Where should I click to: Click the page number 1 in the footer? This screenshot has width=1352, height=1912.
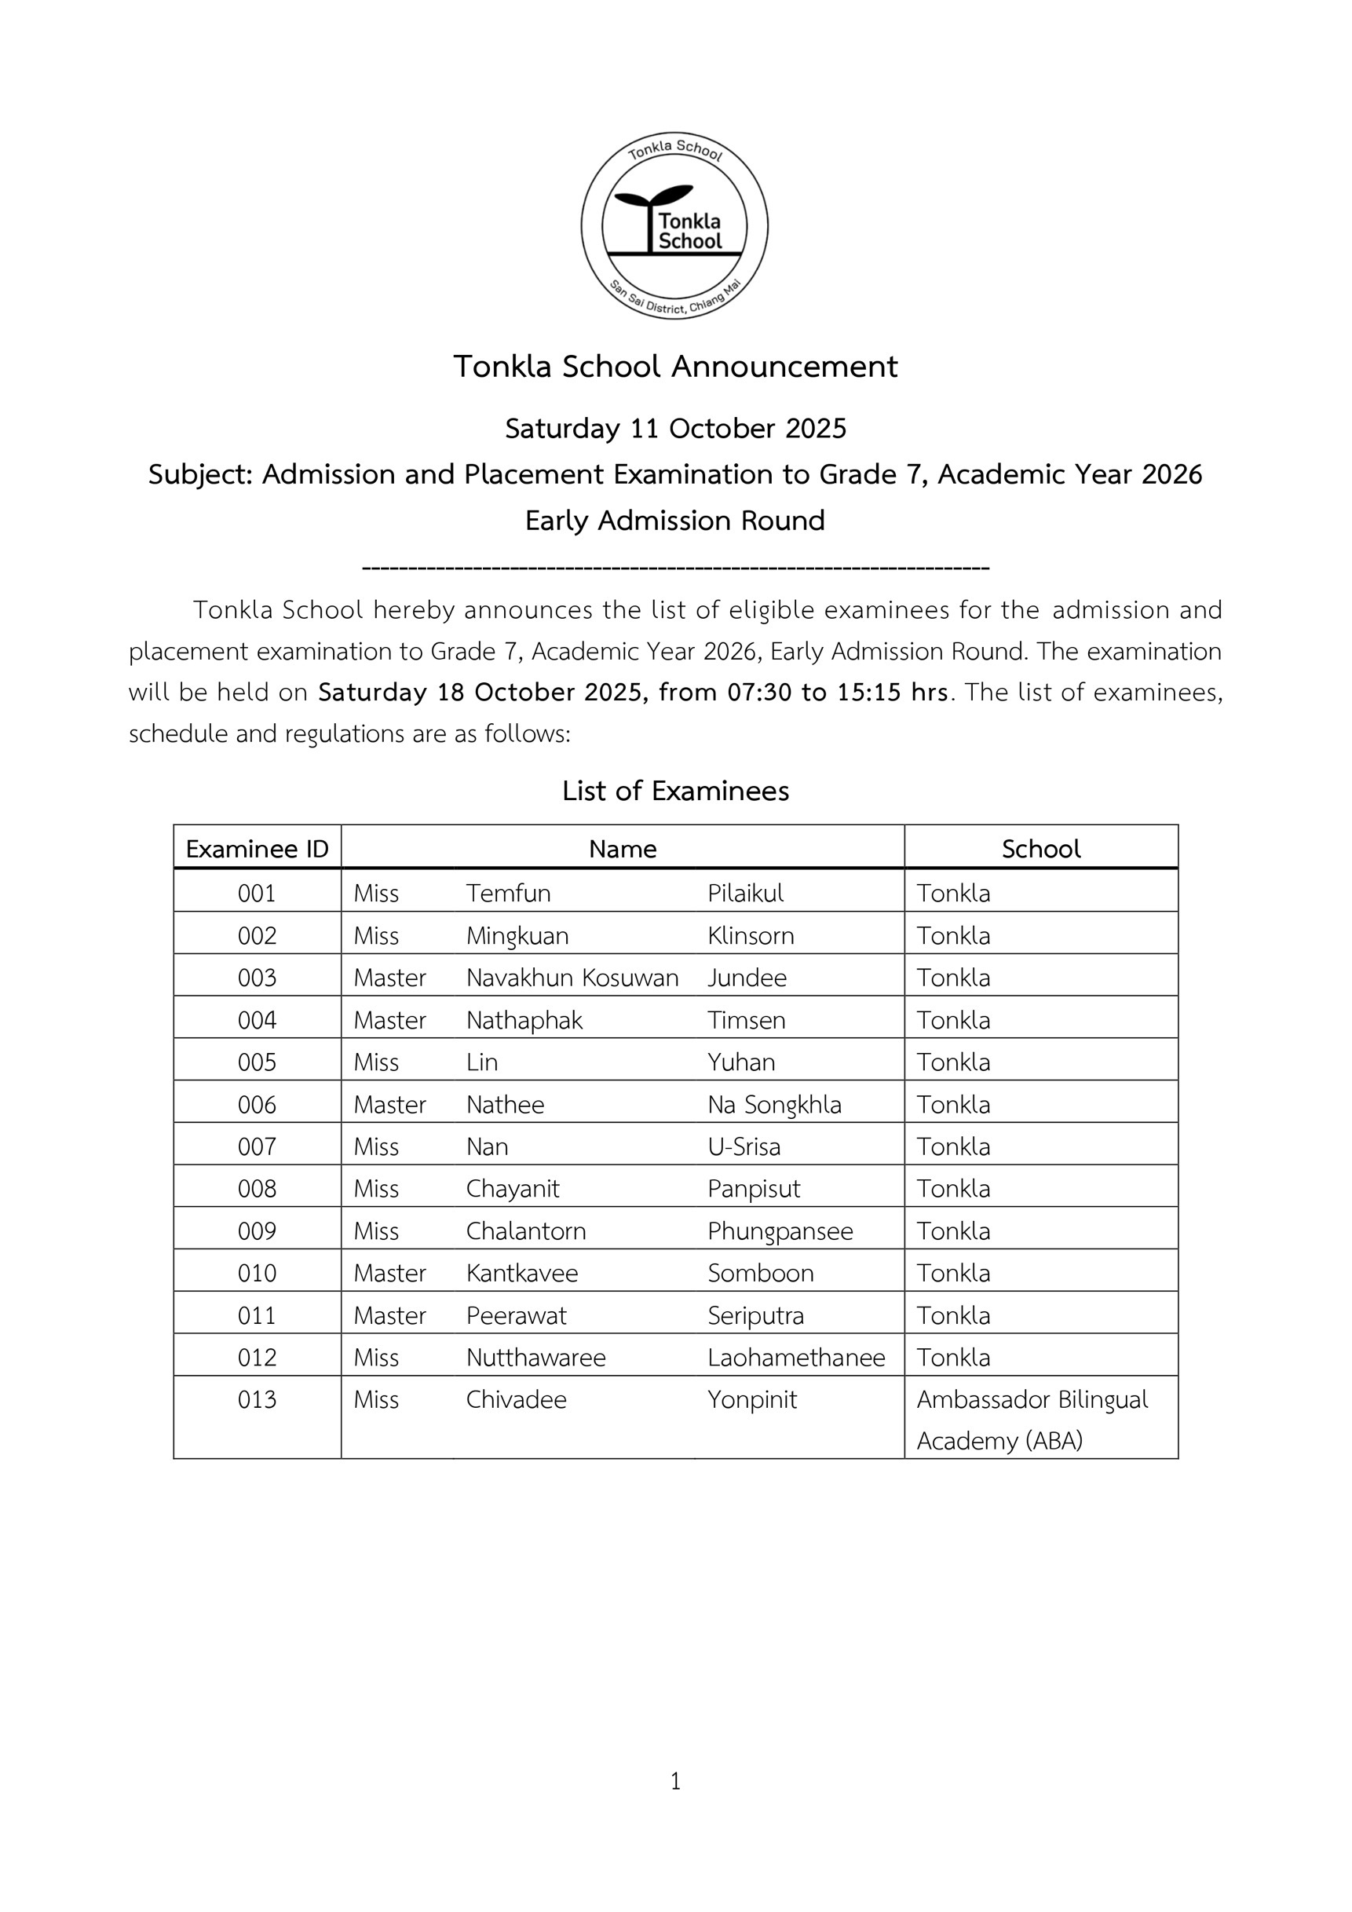[675, 1780]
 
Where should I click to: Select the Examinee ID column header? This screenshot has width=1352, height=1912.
[258, 849]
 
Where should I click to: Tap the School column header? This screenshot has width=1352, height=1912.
[1040, 849]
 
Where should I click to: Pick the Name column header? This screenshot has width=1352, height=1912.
[622, 849]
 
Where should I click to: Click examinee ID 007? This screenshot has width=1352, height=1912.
[258, 1146]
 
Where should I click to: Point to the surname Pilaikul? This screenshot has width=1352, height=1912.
[745, 894]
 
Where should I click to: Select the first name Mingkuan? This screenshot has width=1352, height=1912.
[517, 936]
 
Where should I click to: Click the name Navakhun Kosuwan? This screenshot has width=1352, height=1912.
[572, 978]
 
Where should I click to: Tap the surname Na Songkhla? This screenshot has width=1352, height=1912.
[774, 1105]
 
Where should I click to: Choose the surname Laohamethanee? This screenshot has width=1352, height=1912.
[796, 1358]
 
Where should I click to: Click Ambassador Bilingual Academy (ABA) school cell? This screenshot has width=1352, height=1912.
[1032, 1420]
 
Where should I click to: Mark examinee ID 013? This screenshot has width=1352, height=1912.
[258, 1400]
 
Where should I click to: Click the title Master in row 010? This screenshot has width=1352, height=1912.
[389, 1274]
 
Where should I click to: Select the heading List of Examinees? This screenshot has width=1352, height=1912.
[675, 790]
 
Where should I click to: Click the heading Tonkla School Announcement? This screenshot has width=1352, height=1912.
[675, 367]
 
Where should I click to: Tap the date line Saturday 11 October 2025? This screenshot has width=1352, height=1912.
[675, 428]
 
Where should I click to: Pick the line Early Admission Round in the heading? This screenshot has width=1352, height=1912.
[675, 521]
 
